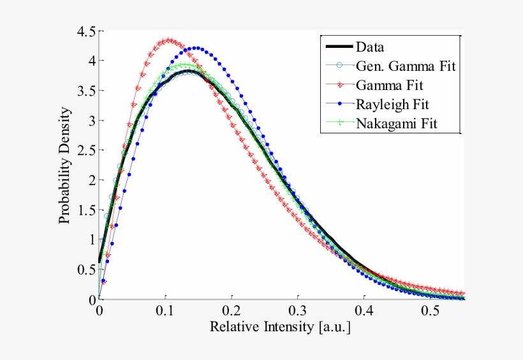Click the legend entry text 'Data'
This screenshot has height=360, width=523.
point(370,47)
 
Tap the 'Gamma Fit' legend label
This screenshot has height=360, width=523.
point(389,84)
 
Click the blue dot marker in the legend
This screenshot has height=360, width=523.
point(338,103)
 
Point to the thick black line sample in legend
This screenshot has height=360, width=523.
point(338,47)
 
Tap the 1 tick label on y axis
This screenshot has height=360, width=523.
point(92,240)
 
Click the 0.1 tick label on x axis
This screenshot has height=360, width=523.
point(165,311)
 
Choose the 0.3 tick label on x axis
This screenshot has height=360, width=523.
point(298,311)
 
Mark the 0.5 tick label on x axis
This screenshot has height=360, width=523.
point(431,311)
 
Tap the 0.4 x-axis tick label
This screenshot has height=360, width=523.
point(364,311)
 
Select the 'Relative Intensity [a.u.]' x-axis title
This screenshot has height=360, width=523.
point(281,328)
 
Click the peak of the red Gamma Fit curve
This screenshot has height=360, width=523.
point(168,40)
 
